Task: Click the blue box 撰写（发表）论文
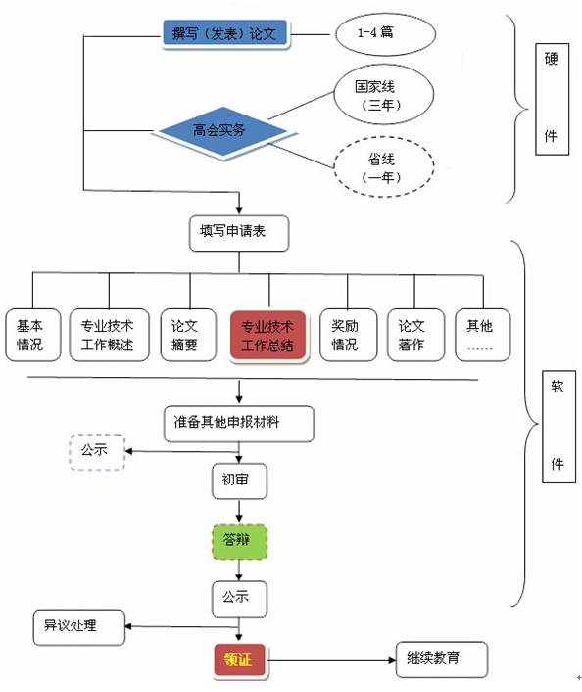click(224, 34)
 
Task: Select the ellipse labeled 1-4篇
click(382, 34)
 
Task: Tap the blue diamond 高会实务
click(218, 129)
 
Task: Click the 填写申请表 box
click(239, 232)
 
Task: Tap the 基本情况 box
click(31, 335)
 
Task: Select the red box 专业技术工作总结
click(267, 335)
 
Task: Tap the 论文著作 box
click(413, 335)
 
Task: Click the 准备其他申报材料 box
click(239, 424)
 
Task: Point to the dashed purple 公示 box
click(96, 452)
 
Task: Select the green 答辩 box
click(239, 539)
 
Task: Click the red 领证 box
click(240, 661)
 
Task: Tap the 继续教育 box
click(441, 661)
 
